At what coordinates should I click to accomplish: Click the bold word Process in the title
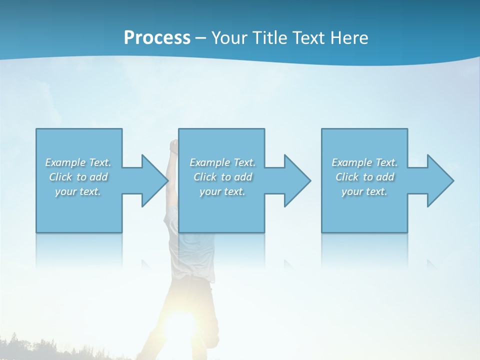tap(157, 38)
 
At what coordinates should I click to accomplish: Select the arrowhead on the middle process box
tap(297, 180)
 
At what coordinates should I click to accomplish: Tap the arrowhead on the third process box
tap(440, 180)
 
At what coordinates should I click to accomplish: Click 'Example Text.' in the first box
tap(78, 162)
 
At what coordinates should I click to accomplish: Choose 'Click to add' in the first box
tap(78, 177)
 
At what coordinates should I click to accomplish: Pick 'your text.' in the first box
tap(78, 191)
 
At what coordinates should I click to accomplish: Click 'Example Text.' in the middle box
tap(222, 162)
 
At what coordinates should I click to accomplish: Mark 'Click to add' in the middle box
tap(222, 177)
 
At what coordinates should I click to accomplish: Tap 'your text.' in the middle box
tap(222, 191)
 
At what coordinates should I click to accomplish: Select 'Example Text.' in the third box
tap(364, 162)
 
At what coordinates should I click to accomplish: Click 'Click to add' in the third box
tap(364, 177)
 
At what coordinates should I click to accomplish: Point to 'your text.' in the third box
tap(364, 191)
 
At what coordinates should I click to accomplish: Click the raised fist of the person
tap(173, 145)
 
